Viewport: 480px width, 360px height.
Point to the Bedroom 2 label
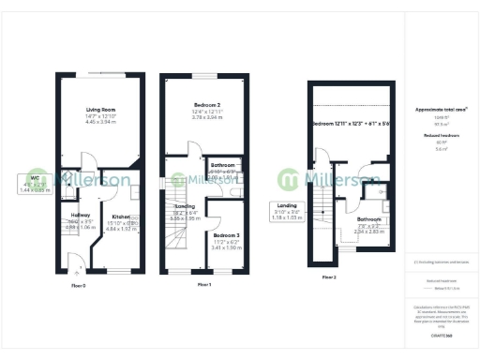click(207, 104)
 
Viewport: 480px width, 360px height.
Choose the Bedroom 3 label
click(226, 234)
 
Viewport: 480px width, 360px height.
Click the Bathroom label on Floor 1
click(223, 165)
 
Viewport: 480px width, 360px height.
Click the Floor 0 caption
click(79, 285)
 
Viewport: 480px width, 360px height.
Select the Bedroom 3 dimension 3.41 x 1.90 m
click(226, 247)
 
